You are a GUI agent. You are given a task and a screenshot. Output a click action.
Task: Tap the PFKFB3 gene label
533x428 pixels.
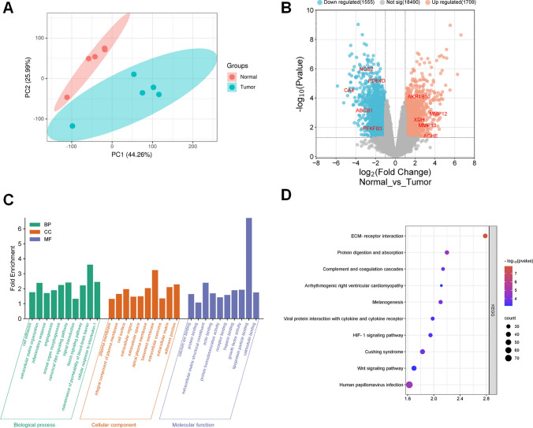[372, 128]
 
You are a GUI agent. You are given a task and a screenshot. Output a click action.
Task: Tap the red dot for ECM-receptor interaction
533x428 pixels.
[486, 236]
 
